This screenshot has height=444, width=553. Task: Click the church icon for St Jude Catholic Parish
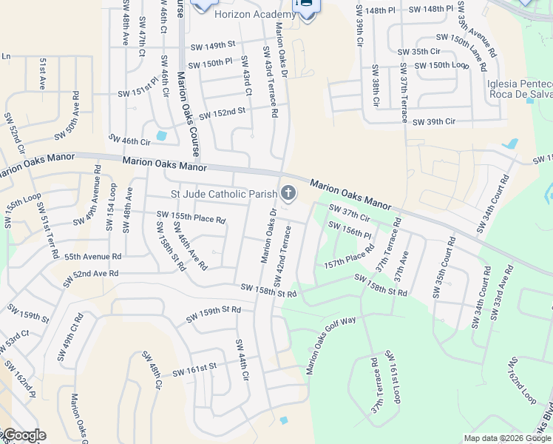click(x=288, y=194)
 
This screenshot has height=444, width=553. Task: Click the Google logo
click(x=24, y=435)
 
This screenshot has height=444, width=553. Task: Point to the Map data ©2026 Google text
click(x=507, y=438)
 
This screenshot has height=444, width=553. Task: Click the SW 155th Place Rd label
click(x=191, y=218)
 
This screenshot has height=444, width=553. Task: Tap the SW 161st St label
click(x=194, y=368)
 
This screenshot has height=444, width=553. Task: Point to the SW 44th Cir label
click(x=242, y=360)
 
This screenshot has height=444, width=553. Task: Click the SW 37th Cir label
click(x=349, y=213)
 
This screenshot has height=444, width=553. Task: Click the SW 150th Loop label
click(x=441, y=66)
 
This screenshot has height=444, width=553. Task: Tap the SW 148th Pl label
click(x=387, y=10)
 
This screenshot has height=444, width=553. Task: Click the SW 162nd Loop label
click(x=520, y=382)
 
